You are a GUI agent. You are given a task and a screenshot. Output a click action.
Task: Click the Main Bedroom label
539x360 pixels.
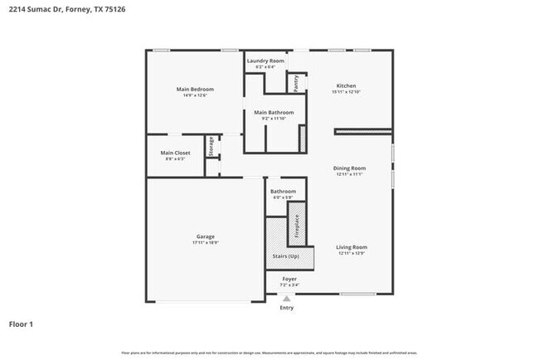pyautogui.click(x=195, y=89)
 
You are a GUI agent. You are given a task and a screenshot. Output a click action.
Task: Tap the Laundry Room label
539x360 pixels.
pyautogui.click(x=265, y=61)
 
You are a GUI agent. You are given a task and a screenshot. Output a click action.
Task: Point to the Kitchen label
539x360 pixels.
pyautogui.click(x=346, y=85)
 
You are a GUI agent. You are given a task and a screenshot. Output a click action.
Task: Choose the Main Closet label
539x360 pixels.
pyautogui.click(x=175, y=153)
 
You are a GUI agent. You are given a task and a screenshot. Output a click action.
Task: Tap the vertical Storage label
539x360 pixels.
pyautogui.click(x=211, y=146)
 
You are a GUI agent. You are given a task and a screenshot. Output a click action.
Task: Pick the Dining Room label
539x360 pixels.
pyautogui.click(x=350, y=168)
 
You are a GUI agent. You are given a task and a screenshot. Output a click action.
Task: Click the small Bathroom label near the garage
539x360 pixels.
pyautogui.click(x=283, y=192)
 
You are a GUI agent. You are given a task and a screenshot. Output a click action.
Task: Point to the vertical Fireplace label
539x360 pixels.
pyautogui.click(x=297, y=228)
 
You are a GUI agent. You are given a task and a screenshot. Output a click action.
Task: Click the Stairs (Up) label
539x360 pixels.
pyautogui.click(x=287, y=256)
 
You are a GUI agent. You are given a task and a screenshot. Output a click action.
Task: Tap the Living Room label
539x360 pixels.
pyautogui.click(x=351, y=247)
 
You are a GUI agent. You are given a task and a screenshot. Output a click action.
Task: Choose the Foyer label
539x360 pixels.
pyautogui.click(x=289, y=279)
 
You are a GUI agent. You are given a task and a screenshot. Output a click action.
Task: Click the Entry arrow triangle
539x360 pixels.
pyautogui.click(x=287, y=298)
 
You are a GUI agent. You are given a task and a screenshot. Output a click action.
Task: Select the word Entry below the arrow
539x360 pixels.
pyautogui.click(x=287, y=307)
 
